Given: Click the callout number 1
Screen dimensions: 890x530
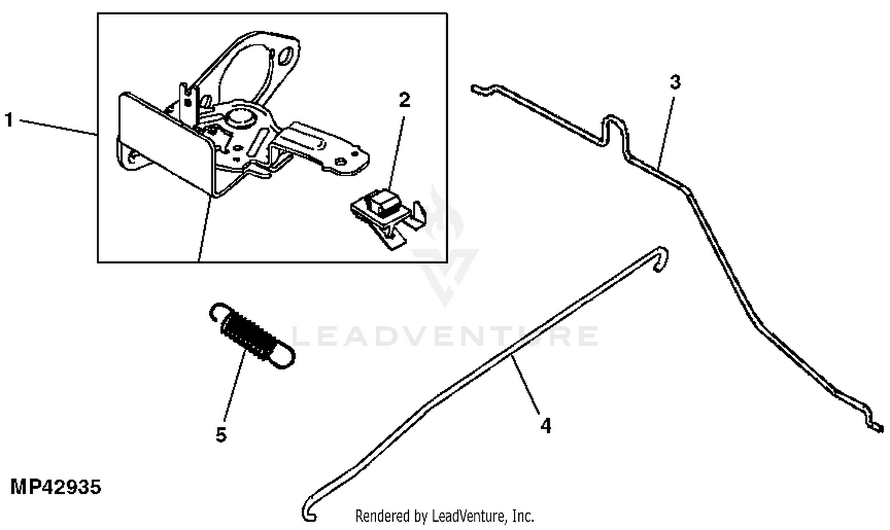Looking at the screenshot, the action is pos(8,120).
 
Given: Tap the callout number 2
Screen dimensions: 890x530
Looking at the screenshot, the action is pos(404,100).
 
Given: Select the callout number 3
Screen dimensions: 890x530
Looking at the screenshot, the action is pos(675,82).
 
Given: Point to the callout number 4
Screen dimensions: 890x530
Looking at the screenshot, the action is pos(545,426).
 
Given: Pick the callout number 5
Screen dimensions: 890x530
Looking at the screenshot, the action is pos(221,435).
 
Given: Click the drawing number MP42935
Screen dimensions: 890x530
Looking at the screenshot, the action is pos(56,487).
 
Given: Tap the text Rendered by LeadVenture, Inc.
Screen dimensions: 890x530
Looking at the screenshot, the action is pos(444,516).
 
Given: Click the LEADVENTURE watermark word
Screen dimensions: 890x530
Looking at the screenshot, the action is pos(445,336).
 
